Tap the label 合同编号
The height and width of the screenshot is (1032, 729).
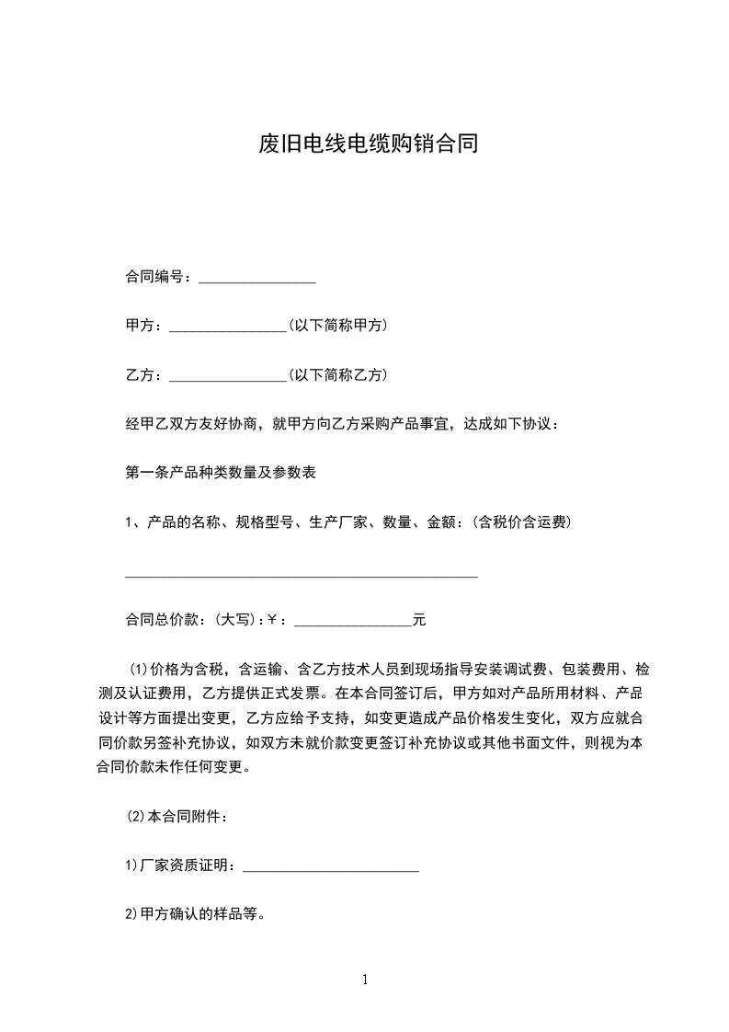[157, 277]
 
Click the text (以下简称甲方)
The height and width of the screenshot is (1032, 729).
[337, 326]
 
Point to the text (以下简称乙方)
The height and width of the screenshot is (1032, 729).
[337, 375]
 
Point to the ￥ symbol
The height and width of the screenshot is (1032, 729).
[272, 621]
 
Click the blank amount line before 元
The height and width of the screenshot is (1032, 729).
[352, 625]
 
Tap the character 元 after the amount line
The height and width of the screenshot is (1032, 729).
[419, 621]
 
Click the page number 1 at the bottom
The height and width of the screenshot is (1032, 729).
[365, 980]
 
